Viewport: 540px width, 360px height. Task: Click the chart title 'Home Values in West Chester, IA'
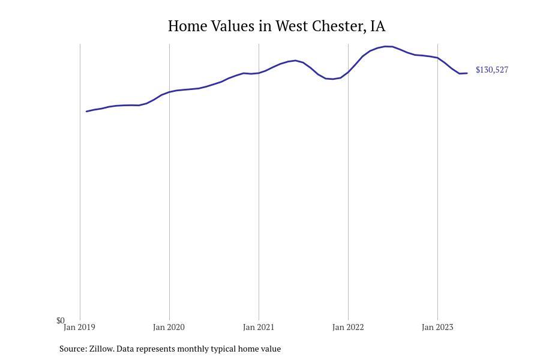click(x=277, y=26)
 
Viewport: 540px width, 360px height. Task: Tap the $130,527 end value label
click(x=491, y=70)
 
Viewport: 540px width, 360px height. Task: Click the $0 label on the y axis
click(x=60, y=320)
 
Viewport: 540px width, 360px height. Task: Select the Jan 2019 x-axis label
click(x=79, y=328)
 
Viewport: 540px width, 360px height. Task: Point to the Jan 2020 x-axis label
click(x=169, y=328)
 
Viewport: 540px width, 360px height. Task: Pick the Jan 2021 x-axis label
click(x=259, y=328)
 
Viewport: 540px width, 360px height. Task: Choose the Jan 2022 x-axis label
click(x=348, y=328)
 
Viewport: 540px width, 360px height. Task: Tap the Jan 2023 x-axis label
click(x=437, y=328)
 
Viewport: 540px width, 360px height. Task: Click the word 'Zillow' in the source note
click(x=101, y=349)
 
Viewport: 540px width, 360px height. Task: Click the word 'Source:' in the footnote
click(x=73, y=349)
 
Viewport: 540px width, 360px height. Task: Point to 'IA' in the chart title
click(x=378, y=26)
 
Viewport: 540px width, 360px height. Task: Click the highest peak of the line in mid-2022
click(x=388, y=46)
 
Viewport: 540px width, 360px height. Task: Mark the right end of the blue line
click(x=467, y=73)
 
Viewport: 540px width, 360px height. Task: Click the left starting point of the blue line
click(x=87, y=111)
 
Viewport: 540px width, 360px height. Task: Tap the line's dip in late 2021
click(x=332, y=79)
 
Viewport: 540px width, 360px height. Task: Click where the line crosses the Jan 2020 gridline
click(x=169, y=92)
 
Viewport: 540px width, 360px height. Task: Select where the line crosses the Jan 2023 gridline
click(x=437, y=58)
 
